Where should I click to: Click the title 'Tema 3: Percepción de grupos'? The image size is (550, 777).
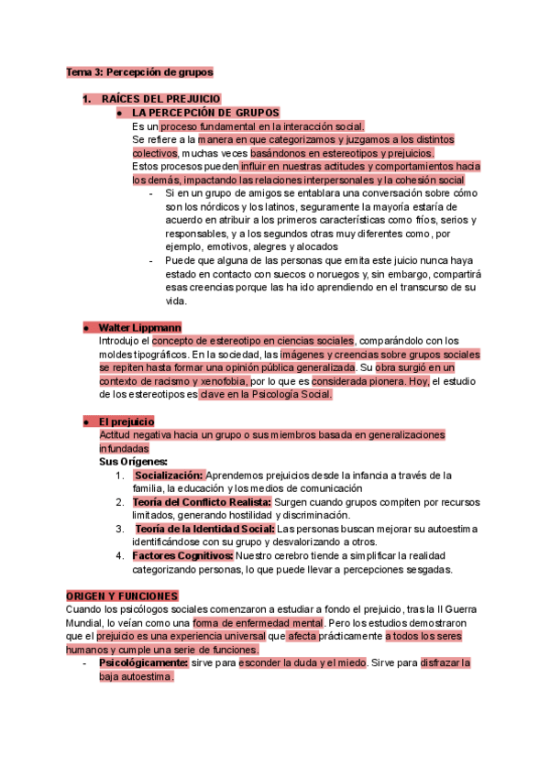[139, 71]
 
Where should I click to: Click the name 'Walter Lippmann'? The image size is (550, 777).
[139, 327]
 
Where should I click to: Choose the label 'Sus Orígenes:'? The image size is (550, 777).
[134, 462]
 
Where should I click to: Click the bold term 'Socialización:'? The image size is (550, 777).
[168, 476]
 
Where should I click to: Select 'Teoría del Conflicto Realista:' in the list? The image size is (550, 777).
[187, 502]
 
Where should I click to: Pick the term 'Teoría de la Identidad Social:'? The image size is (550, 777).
[204, 529]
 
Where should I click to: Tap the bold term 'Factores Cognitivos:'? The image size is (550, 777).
[182, 555]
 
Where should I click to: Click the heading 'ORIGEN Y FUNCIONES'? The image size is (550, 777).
[122, 596]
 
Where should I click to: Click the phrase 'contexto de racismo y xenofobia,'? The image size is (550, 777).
[174, 380]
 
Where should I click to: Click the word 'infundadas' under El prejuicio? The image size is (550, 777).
[124, 448]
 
